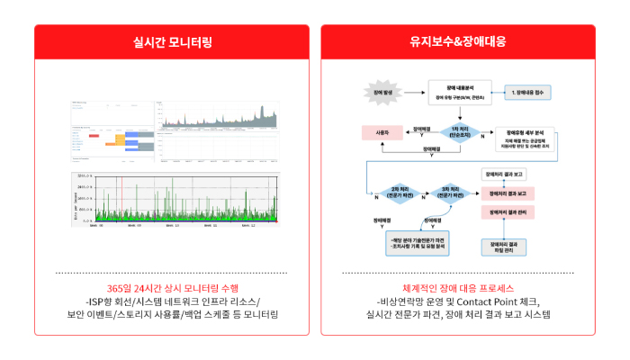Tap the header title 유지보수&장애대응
[x=457, y=40]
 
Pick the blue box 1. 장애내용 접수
[x=530, y=94]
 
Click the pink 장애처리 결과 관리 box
[x=509, y=211]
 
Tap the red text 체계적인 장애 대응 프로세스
[x=457, y=286]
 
